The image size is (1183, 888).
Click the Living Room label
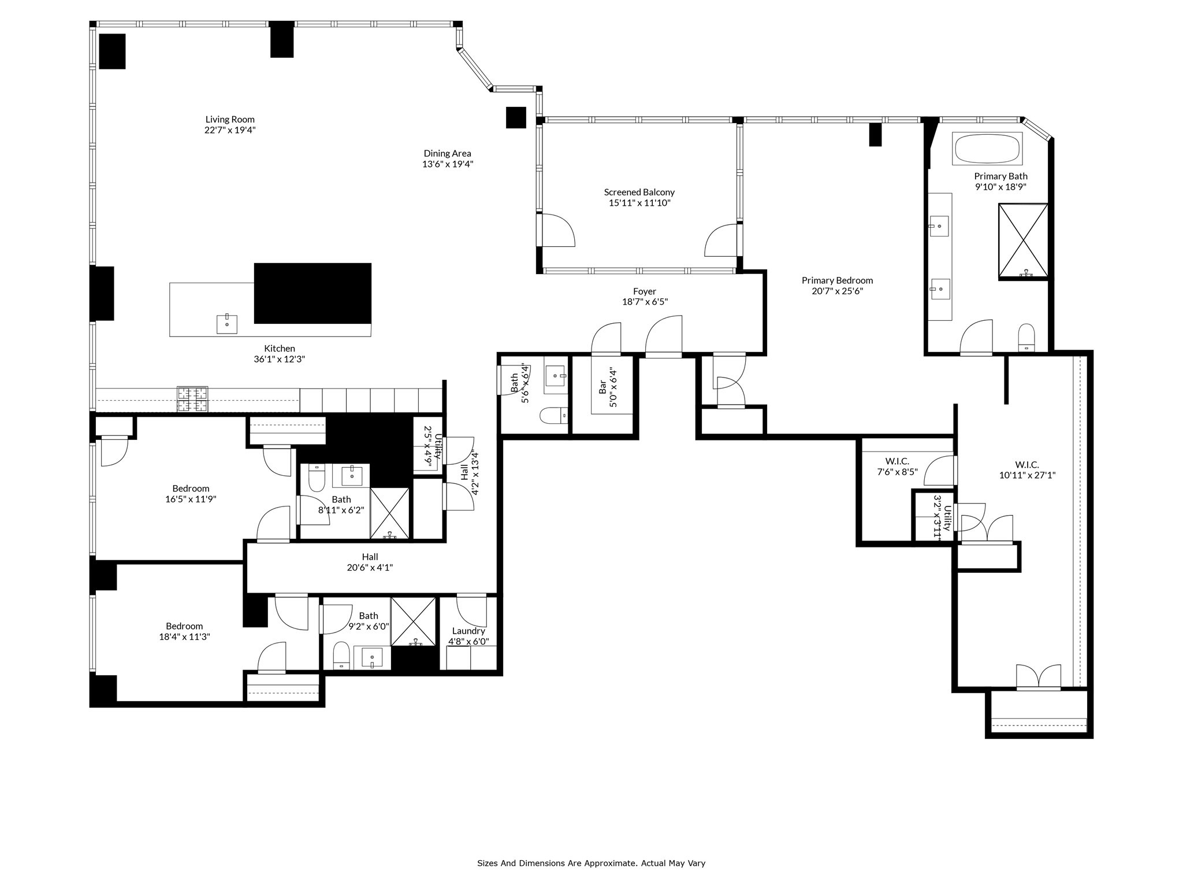229,120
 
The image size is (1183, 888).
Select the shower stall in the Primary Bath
1023,240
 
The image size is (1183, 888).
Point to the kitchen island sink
227,324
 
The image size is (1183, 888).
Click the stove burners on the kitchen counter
192,399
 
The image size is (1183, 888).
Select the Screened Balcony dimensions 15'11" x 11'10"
639,203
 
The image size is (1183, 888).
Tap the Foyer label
644,291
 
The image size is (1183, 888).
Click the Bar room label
602,387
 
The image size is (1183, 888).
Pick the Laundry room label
468,631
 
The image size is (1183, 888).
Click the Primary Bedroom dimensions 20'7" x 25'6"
837,291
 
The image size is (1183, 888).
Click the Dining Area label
447,153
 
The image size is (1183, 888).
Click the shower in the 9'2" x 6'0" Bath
414,621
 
